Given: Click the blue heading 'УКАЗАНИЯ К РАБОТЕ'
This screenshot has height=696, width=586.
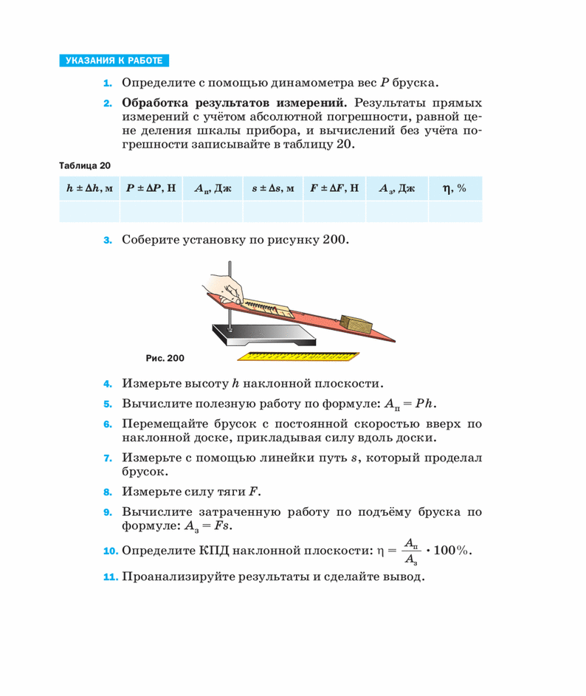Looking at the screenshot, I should pyautogui.click(x=113, y=61).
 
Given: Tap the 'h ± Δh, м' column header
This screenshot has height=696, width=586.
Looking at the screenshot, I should pyautogui.click(x=89, y=189).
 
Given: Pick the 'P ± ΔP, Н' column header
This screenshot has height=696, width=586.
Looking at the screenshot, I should pyautogui.click(x=151, y=189).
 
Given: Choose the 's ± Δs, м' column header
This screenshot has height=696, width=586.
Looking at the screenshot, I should pyautogui.click(x=272, y=189).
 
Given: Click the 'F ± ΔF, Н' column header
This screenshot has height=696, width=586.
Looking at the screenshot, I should pyautogui.click(x=334, y=189).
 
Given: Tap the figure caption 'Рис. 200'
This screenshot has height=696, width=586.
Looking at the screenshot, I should pyautogui.click(x=165, y=358).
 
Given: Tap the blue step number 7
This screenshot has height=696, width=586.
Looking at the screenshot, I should pyautogui.click(x=107, y=458).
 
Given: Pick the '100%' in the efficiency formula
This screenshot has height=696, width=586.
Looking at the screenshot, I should pyautogui.click(x=453, y=551).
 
